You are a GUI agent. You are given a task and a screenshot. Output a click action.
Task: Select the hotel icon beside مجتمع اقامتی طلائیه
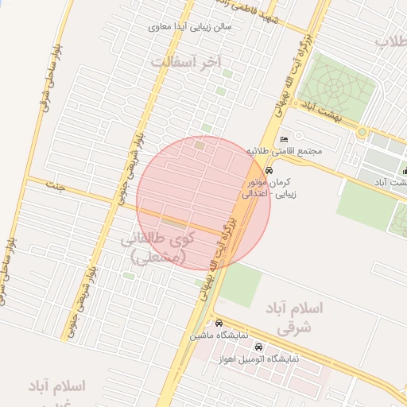pos(285,140)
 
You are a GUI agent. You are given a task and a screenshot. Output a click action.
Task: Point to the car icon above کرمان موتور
pos(269,170)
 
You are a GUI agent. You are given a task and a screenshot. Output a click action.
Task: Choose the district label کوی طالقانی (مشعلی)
pos(159,247)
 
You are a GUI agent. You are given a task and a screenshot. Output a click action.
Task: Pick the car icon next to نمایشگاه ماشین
pos(219,324)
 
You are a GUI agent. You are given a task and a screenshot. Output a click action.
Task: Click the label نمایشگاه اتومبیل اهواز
pos(259,359)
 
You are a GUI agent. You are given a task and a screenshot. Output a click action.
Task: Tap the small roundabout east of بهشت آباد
pos(362,131)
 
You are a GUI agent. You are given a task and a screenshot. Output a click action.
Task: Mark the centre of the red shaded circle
pos(203,203)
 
